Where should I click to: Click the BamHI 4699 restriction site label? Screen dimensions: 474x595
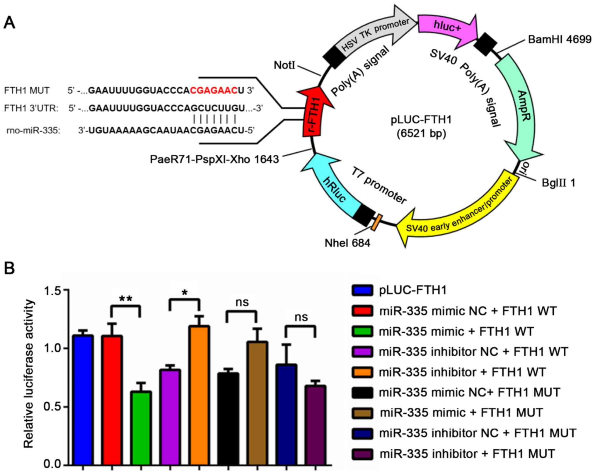560,40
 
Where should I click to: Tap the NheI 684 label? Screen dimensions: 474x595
347,243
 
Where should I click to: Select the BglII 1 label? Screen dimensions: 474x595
558,183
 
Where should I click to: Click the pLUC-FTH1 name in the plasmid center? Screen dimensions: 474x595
421,120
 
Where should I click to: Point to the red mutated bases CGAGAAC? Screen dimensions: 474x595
214,91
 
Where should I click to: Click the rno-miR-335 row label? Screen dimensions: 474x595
33,130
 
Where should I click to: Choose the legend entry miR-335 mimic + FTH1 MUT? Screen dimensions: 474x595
461,412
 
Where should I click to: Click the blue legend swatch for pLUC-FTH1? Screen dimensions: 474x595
362,290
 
